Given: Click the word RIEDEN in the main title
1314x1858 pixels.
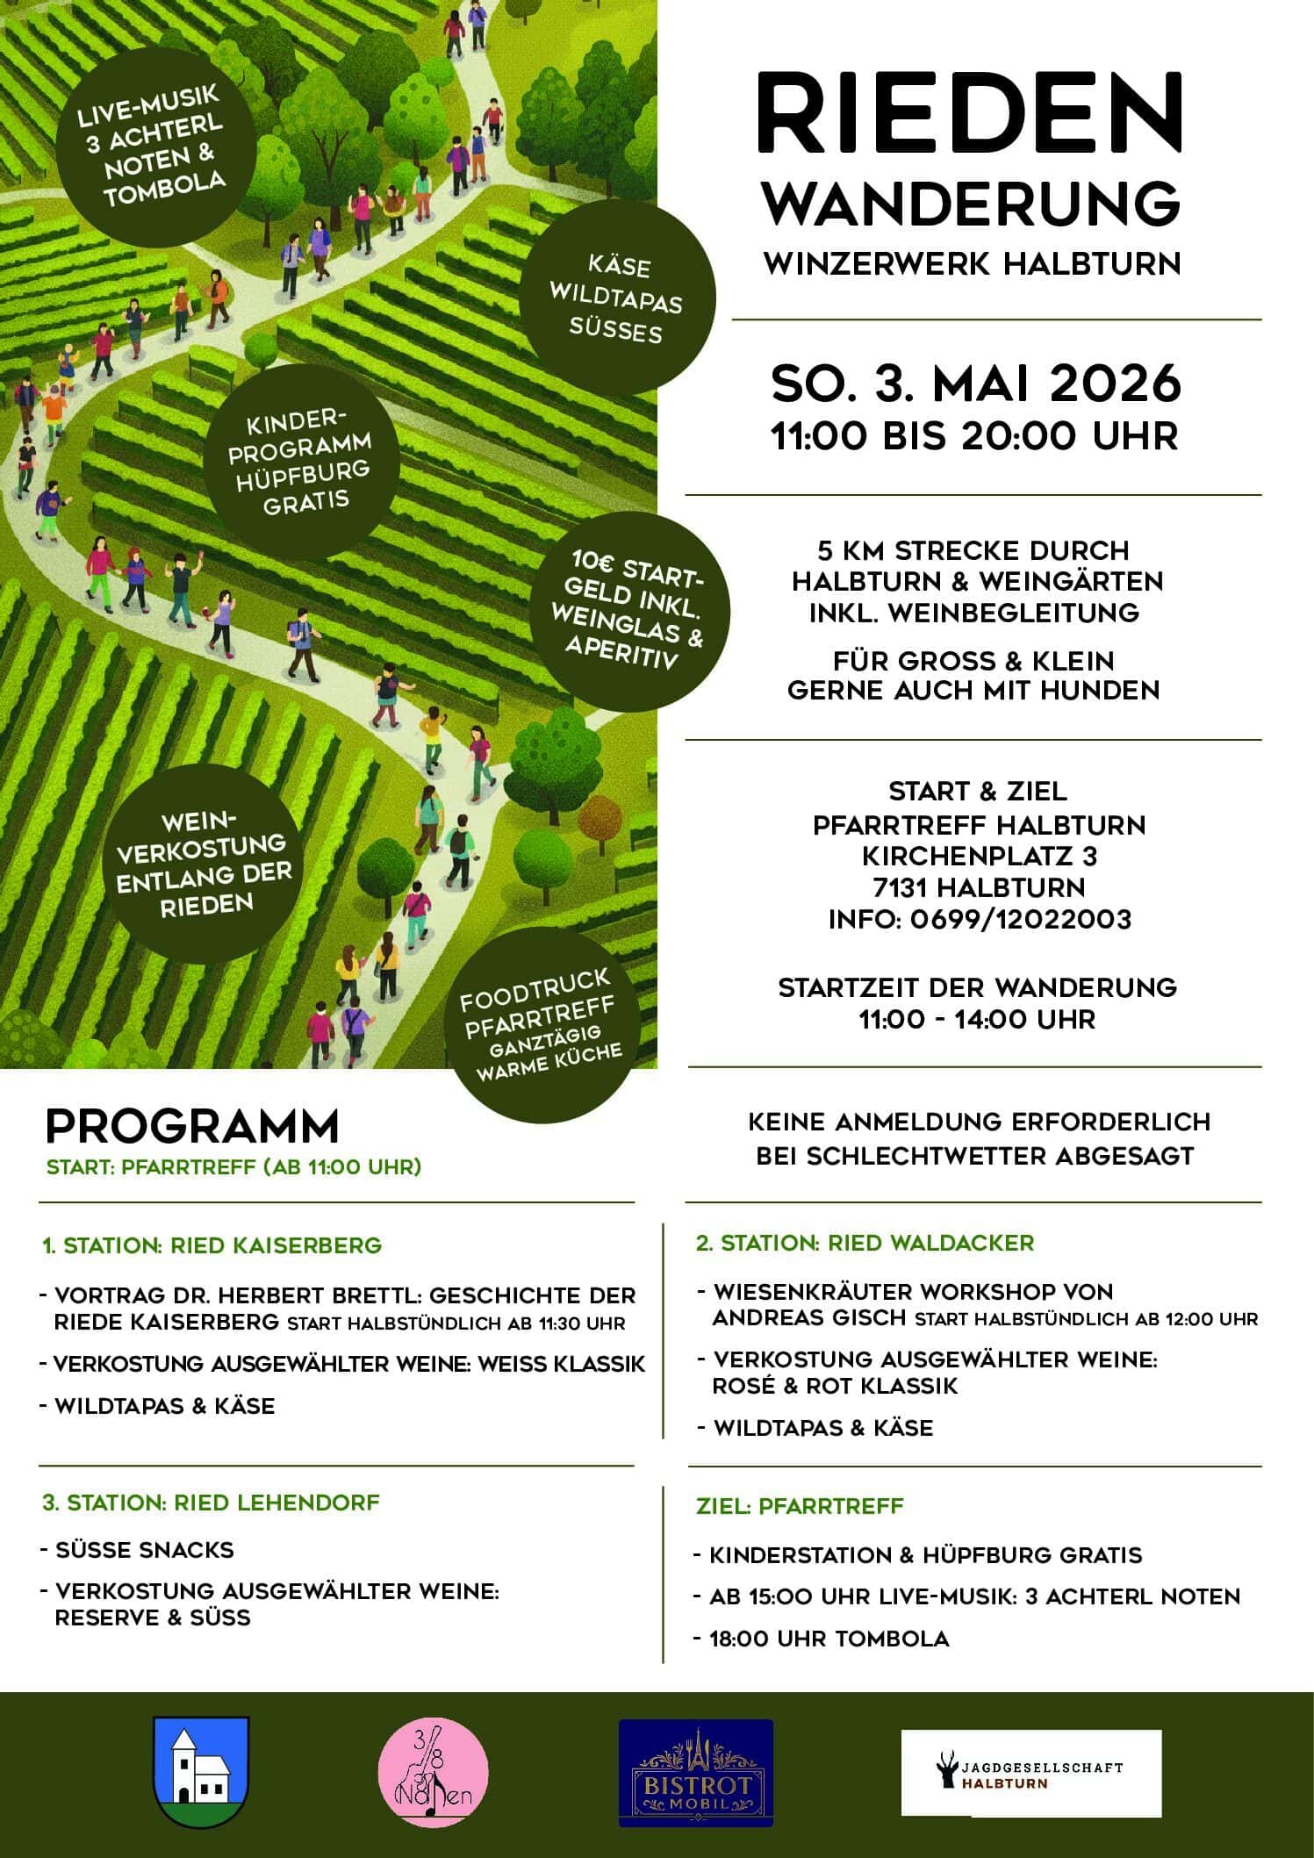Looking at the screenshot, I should tap(971, 117).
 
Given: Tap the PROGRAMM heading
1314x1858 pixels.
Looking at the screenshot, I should tap(191, 1127).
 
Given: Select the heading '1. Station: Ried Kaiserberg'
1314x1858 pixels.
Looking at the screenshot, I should tap(212, 1245).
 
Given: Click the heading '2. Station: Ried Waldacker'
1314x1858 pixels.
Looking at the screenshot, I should tap(865, 1243).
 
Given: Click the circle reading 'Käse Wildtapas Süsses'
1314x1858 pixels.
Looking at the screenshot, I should tap(618, 298).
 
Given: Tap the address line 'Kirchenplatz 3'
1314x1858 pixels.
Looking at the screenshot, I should tap(979, 856).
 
